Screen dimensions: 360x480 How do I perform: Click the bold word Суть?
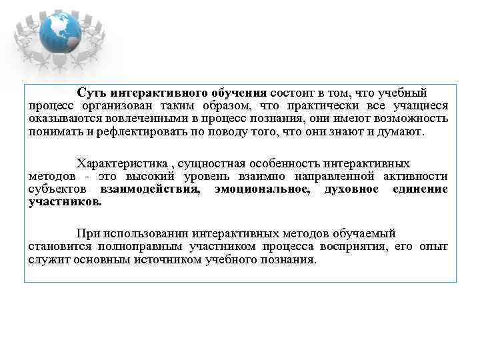pos(91,93)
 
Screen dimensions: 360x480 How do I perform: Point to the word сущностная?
pos(211,163)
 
